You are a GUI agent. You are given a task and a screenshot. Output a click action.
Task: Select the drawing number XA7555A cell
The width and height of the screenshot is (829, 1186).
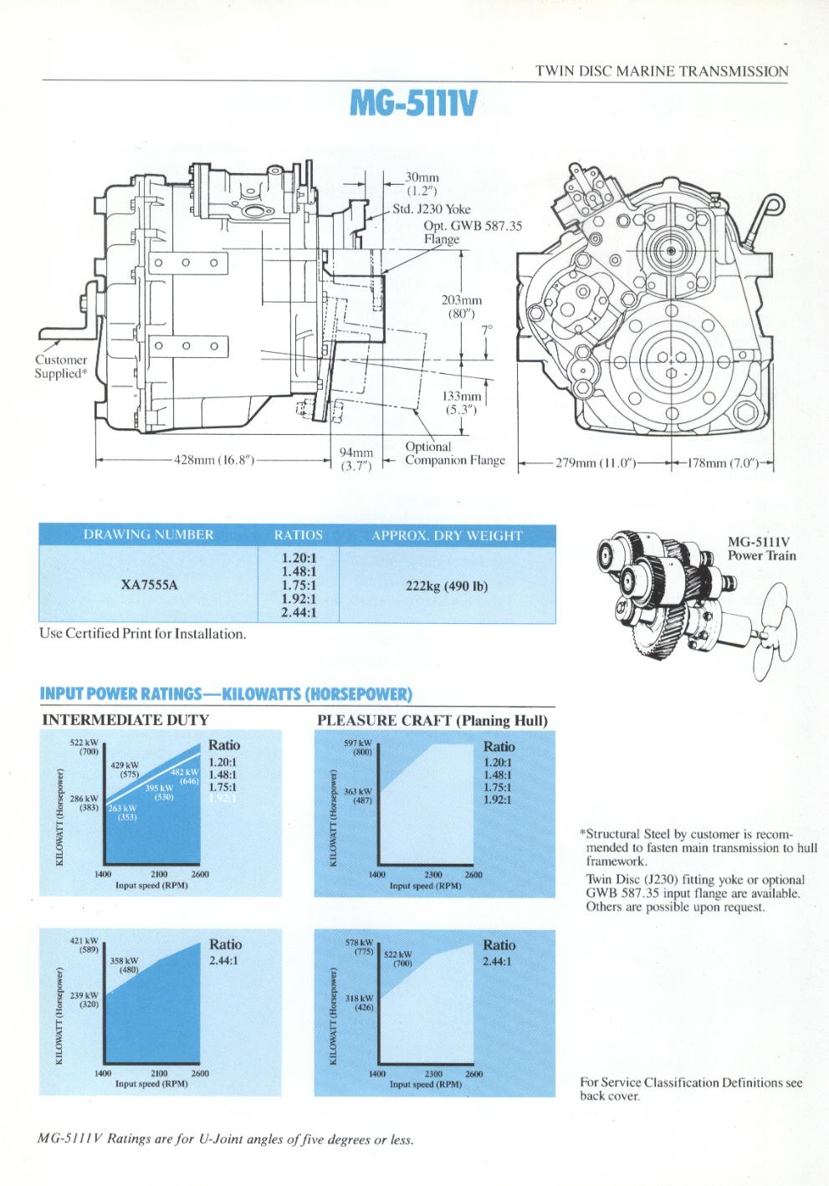(150, 585)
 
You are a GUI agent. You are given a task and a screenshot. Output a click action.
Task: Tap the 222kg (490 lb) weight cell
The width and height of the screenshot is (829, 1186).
(446, 585)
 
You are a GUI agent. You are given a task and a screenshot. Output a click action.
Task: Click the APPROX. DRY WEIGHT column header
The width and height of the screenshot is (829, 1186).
(446, 535)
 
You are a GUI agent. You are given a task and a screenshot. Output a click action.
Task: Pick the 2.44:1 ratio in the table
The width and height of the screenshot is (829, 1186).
(298, 613)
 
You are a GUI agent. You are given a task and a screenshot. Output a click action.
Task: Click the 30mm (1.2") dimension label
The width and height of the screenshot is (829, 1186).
(422, 183)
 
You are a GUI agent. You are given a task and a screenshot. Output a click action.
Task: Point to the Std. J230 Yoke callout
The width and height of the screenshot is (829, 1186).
(432, 209)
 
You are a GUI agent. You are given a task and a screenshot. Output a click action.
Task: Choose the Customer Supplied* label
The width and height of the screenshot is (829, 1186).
(60, 366)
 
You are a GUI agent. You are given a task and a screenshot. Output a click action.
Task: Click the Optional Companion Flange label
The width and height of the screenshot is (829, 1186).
(454, 453)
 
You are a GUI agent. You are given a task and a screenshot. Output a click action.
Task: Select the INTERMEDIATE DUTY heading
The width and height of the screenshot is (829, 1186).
(125, 719)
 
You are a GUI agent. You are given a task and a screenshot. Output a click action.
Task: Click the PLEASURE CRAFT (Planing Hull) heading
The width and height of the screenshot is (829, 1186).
(432, 720)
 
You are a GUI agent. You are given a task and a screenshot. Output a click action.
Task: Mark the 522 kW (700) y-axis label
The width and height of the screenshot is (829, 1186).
(84, 748)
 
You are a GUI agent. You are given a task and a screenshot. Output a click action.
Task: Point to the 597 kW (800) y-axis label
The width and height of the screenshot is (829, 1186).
(359, 748)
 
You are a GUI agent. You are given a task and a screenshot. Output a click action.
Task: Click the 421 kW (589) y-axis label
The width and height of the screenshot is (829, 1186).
(84, 945)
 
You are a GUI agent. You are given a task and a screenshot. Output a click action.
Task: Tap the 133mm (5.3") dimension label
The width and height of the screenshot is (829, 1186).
(461, 403)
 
